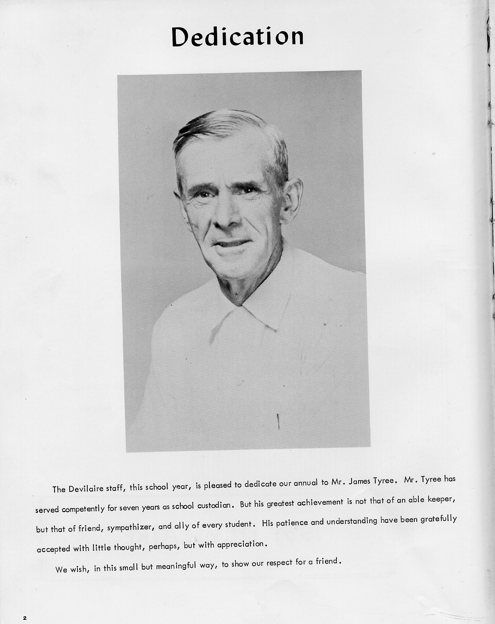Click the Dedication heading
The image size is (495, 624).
(x=238, y=37)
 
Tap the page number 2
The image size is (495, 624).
(x=25, y=606)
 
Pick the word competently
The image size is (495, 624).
(x=83, y=509)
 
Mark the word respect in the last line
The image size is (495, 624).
(x=280, y=563)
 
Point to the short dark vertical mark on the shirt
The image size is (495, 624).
(x=279, y=421)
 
